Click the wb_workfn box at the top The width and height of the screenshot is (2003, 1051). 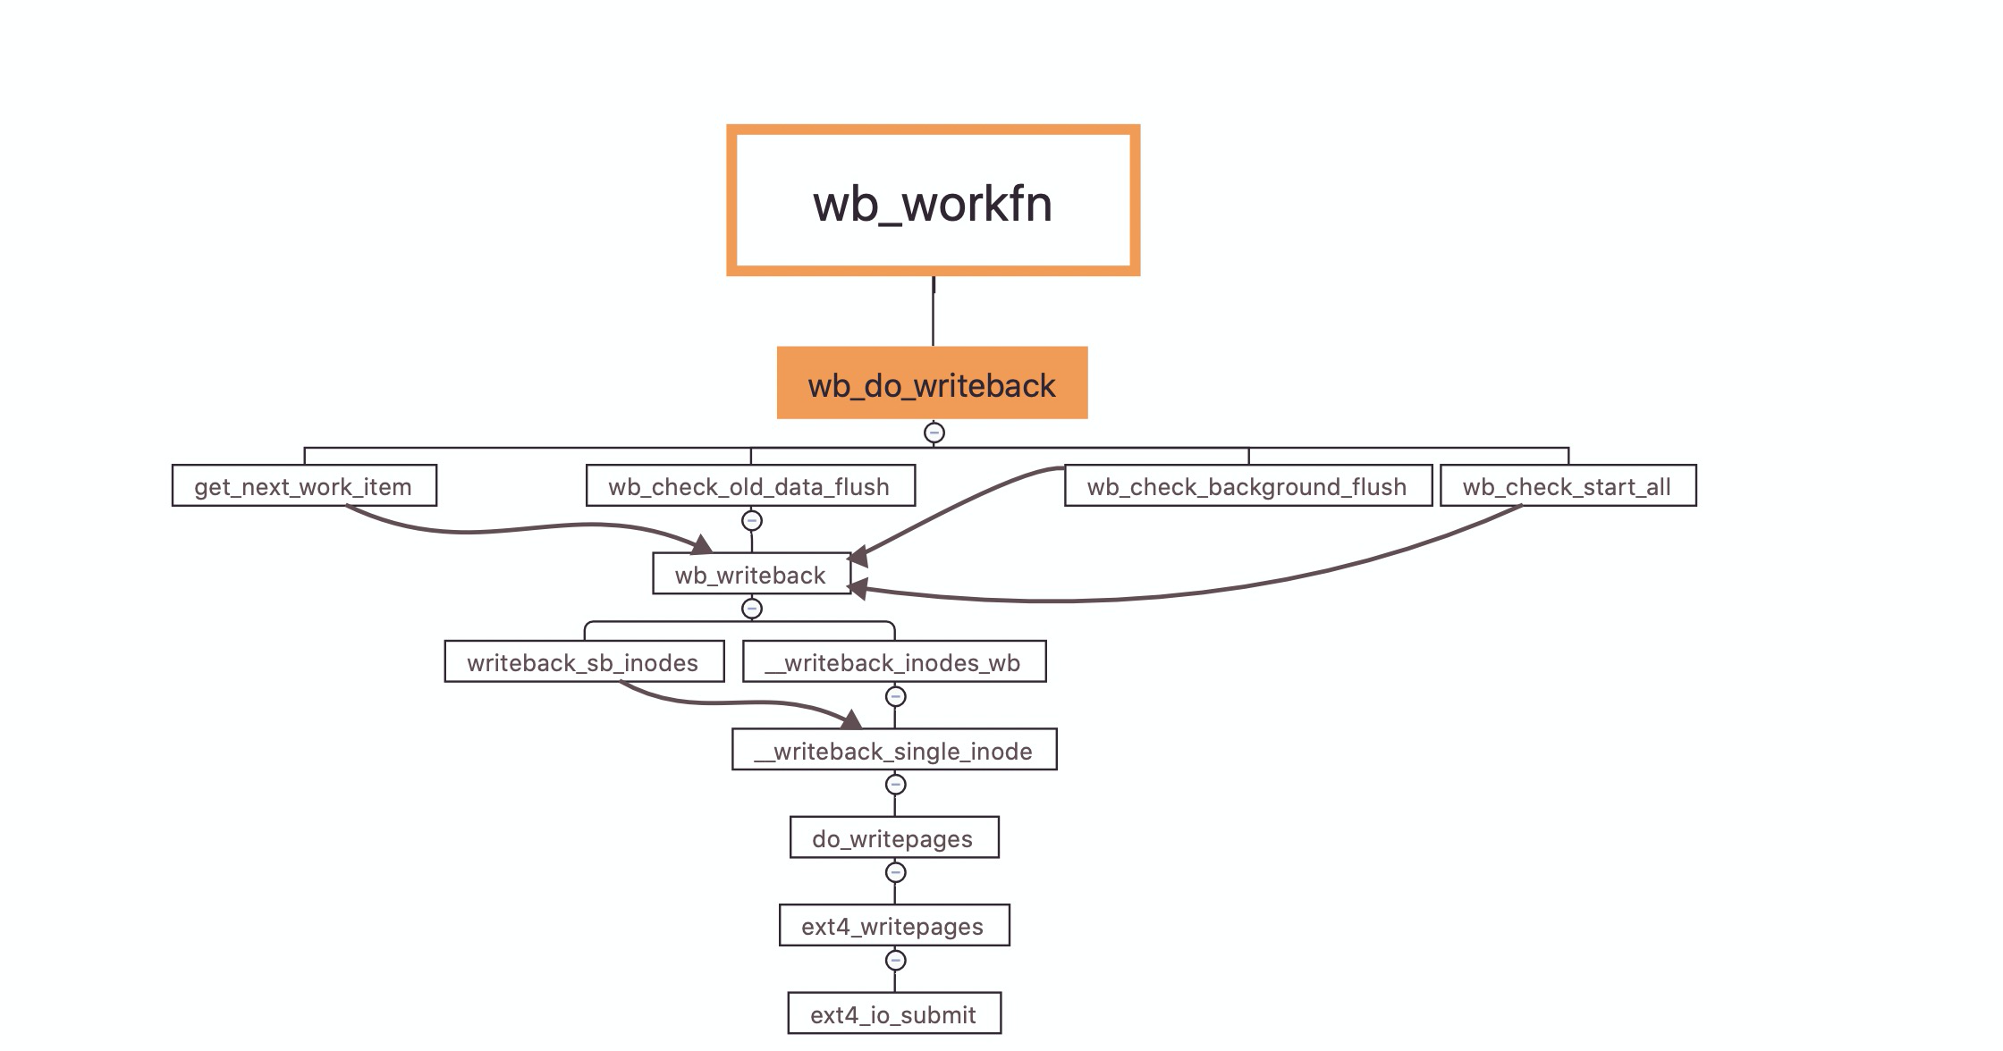tap(933, 200)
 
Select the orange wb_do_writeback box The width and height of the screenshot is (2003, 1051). tap(932, 383)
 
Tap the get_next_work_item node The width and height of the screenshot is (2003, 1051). tap(304, 485)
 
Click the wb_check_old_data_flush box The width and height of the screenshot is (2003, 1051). tap(750, 485)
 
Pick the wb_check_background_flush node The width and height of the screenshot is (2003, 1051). tap(1247, 485)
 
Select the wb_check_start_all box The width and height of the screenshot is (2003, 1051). tap(1568, 485)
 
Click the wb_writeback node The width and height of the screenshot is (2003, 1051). tap(751, 574)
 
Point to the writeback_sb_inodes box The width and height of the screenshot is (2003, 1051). tap(584, 661)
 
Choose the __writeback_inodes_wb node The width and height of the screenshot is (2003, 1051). tap(894, 661)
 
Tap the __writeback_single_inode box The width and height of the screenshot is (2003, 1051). tap(894, 750)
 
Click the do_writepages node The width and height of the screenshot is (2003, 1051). tap(894, 837)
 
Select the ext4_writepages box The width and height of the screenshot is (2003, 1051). tap(894, 925)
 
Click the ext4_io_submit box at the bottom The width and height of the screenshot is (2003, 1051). tap(894, 1013)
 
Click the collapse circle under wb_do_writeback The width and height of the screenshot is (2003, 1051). tap(934, 433)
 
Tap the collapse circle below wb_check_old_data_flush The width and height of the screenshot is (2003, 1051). tap(752, 520)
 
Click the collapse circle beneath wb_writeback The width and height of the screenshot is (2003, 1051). tap(752, 609)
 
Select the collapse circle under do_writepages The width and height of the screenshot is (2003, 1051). tap(895, 872)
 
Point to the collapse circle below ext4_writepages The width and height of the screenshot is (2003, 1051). tap(895, 960)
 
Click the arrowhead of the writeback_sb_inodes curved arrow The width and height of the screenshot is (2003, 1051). tap(852, 720)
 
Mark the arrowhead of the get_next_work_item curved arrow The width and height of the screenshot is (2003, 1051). tap(703, 544)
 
